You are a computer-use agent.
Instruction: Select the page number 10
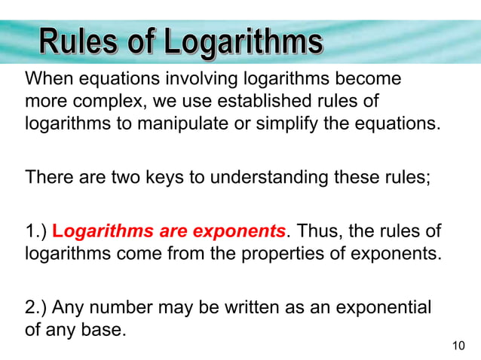458,346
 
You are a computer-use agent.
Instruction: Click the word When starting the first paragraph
47,79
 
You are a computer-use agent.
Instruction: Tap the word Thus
320,231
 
